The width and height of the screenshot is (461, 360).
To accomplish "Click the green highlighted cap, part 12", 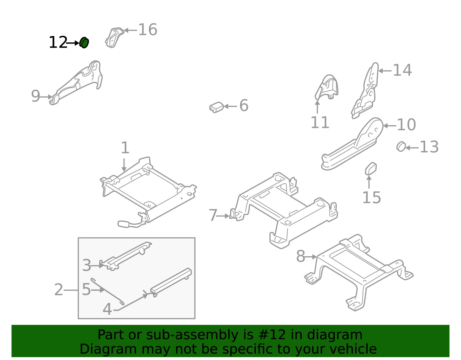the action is (84, 43).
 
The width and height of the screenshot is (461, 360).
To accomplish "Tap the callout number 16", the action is (148, 29).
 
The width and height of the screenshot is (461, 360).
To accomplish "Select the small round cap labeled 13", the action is (401, 147).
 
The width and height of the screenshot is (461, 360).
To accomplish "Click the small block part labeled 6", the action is (217, 107).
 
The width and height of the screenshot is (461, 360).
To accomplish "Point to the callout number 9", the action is (35, 96).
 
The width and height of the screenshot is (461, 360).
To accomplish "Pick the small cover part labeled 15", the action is (371, 169).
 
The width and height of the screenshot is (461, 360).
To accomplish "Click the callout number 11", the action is (320, 122).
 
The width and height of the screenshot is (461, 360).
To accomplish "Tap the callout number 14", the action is (403, 70).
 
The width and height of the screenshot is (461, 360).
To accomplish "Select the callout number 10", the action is (406, 125).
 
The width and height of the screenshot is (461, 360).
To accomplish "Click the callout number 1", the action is (125, 148).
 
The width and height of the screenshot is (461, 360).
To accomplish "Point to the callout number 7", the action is (213, 215).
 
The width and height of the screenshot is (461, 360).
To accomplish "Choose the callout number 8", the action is (301, 256).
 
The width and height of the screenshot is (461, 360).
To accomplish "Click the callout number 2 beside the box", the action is (59, 290).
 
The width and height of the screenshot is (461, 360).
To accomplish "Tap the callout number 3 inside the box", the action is (87, 265).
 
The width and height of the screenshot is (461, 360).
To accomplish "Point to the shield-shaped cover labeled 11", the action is (327, 87).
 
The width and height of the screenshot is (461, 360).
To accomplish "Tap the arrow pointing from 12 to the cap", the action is (73, 43).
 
